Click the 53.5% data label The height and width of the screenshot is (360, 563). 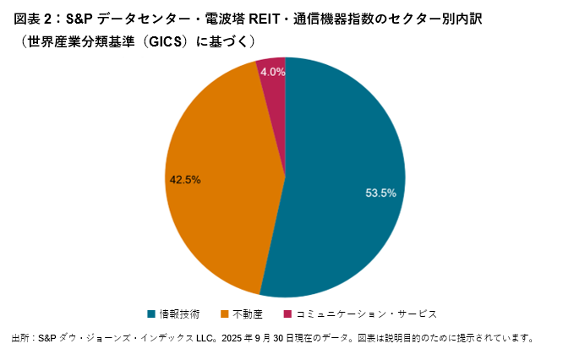tap(380, 193)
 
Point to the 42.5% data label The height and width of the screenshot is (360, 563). tap(185, 179)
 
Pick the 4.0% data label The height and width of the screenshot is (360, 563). tap(272, 73)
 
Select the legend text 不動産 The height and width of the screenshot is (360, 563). tap(247, 314)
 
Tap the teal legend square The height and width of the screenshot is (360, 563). tap(151, 314)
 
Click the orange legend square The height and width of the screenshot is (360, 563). tap(225, 314)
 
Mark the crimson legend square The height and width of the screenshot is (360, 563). tap(287, 314)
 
